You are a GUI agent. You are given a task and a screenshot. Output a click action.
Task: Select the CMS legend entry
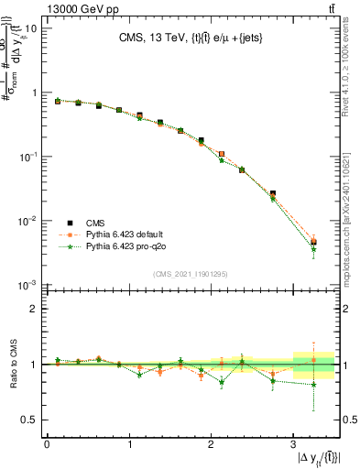click(x=95, y=223)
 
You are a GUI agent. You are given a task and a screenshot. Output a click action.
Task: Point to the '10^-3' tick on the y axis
click(x=27, y=286)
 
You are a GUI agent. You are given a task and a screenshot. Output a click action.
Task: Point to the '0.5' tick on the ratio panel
click(x=29, y=420)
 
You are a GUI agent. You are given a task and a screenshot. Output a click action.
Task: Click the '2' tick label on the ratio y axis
click(x=34, y=310)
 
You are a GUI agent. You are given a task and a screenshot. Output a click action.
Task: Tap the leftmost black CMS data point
click(x=57, y=102)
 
